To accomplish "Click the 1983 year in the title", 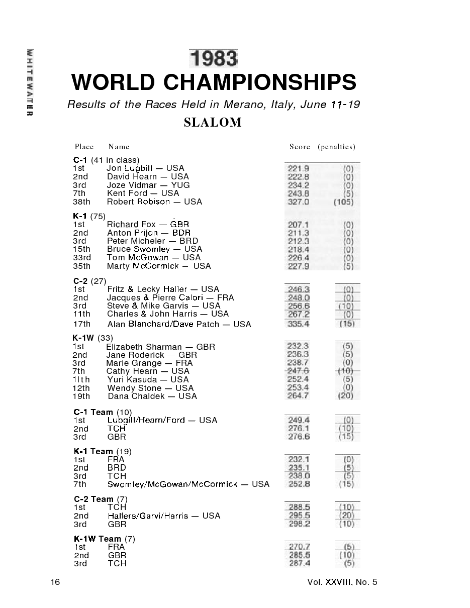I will pyautogui.click(x=213, y=58).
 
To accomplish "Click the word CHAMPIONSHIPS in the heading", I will pyautogui.click(x=260, y=82).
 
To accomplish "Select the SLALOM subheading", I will pyautogui.click(x=213, y=123).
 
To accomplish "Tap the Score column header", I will pyautogui.click(x=300, y=147).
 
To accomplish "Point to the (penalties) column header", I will pyautogui.click(x=336, y=147).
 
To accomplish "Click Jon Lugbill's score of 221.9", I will pyautogui.click(x=298, y=168).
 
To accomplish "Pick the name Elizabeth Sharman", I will pyautogui.click(x=144, y=347).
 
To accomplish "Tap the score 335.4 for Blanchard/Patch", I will pyautogui.click(x=298, y=324).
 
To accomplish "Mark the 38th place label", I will pyautogui.click(x=82, y=202).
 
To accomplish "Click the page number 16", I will pyautogui.click(x=55, y=582).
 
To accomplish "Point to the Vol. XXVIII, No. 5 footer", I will pyautogui.click(x=342, y=582).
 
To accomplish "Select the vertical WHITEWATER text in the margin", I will pyautogui.click(x=31, y=83).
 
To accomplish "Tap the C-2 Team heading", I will pyautogui.click(x=93, y=499).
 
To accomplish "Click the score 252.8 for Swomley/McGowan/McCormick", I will pyautogui.click(x=299, y=484).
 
